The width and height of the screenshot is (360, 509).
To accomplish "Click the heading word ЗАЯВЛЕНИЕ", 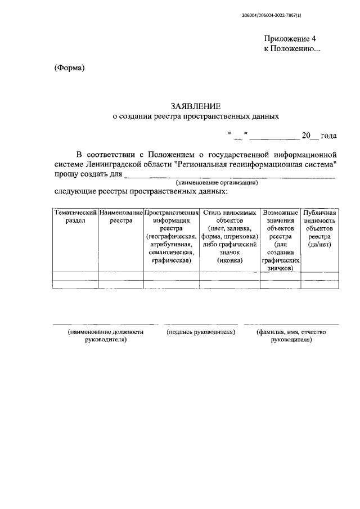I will click(x=196, y=106).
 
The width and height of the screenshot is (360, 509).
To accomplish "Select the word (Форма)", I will click(x=69, y=68).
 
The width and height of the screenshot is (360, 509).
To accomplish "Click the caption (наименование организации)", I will click(x=217, y=183).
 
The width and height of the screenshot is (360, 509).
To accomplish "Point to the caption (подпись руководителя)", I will click(x=201, y=332).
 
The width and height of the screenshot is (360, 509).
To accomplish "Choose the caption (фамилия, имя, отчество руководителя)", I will click(x=291, y=336).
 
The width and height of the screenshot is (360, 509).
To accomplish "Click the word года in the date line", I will click(x=328, y=136).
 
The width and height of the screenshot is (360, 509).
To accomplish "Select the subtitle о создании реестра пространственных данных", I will click(x=196, y=117).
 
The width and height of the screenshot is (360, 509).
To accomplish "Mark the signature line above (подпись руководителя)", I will click(x=201, y=325).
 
